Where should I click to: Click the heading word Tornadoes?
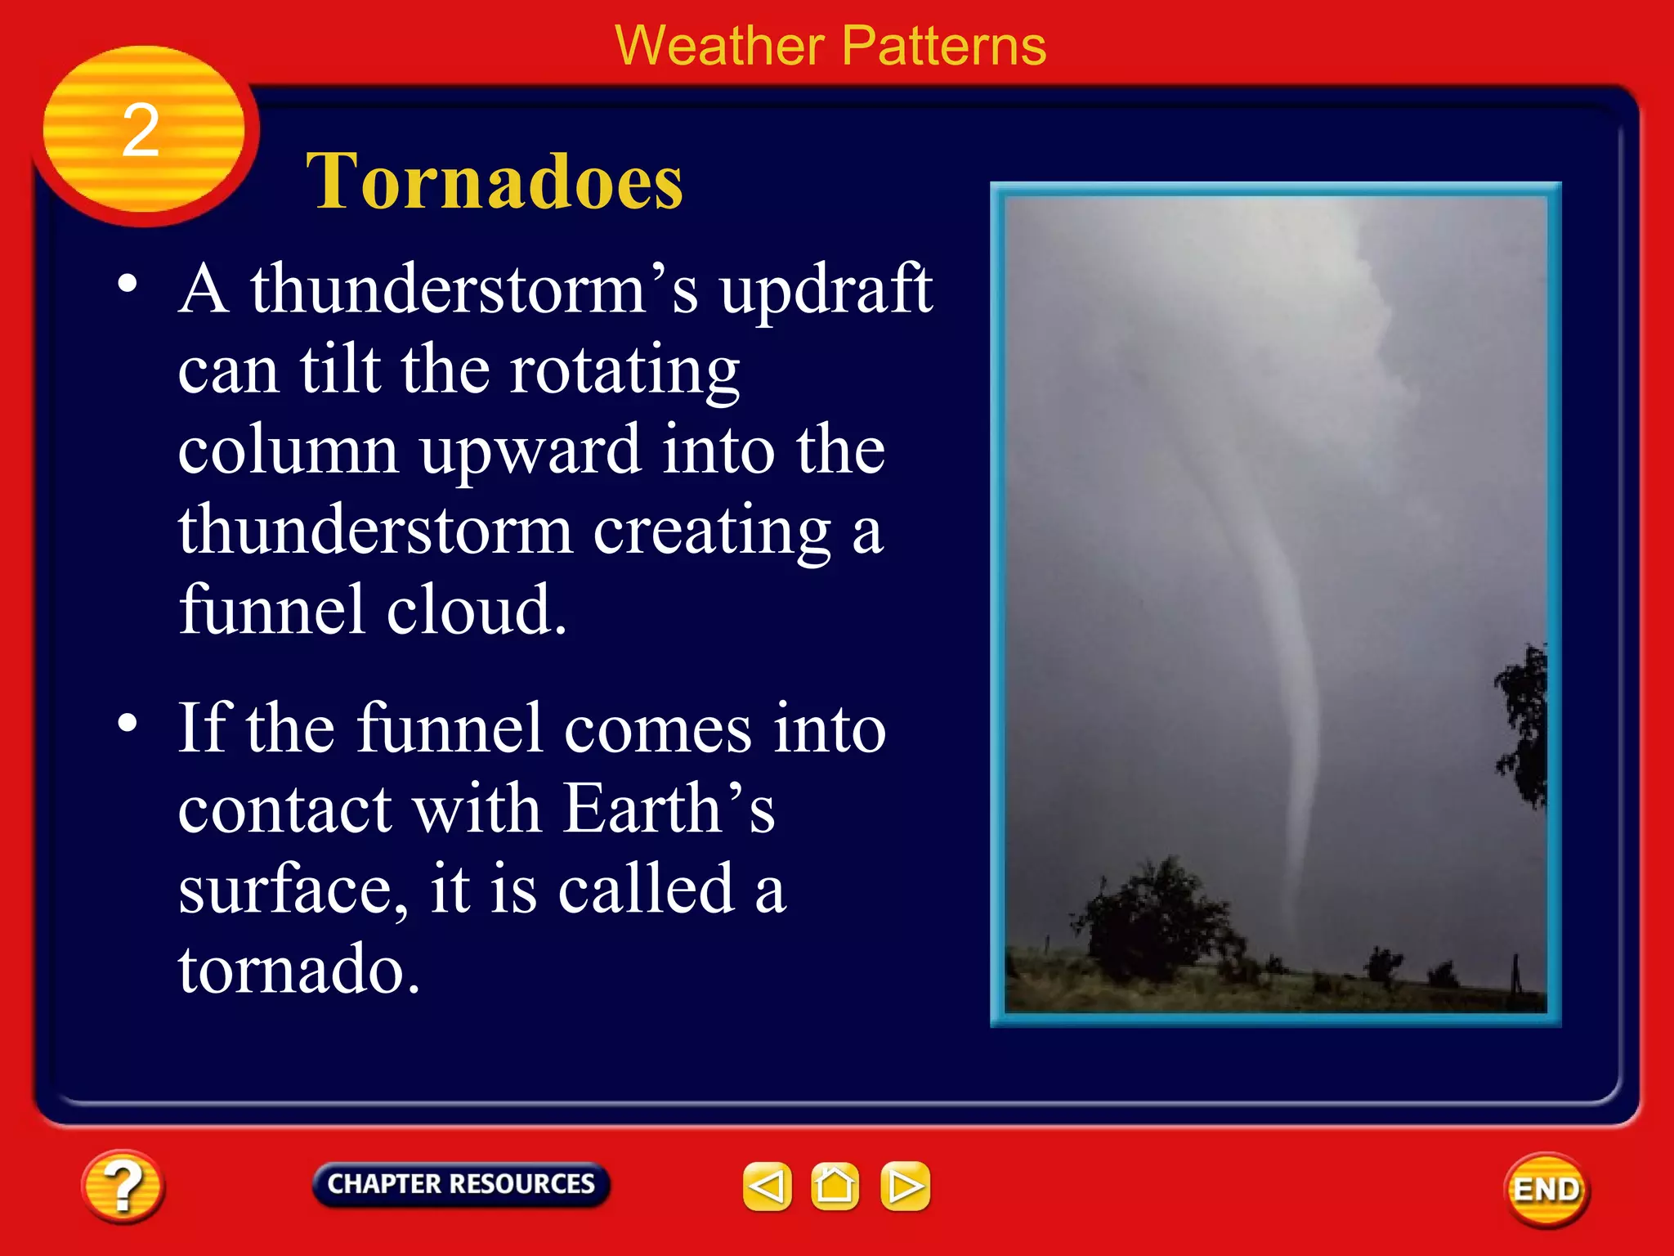[x=494, y=182]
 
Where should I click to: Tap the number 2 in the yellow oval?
[x=141, y=130]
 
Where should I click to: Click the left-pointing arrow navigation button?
[x=767, y=1186]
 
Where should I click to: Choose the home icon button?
[x=835, y=1186]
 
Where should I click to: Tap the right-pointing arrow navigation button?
[x=905, y=1186]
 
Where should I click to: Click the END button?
[x=1546, y=1190]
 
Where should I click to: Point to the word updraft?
[x=826, y=290]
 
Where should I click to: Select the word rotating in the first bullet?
[x=624, y=370]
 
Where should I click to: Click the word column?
[x=288, y=451]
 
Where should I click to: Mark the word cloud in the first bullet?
[x=476, y=610]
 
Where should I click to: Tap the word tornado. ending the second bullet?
[x=298, y=970]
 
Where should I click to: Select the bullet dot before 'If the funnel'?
[x=128, y=723]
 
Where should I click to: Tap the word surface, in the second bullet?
[x=293, y=890]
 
